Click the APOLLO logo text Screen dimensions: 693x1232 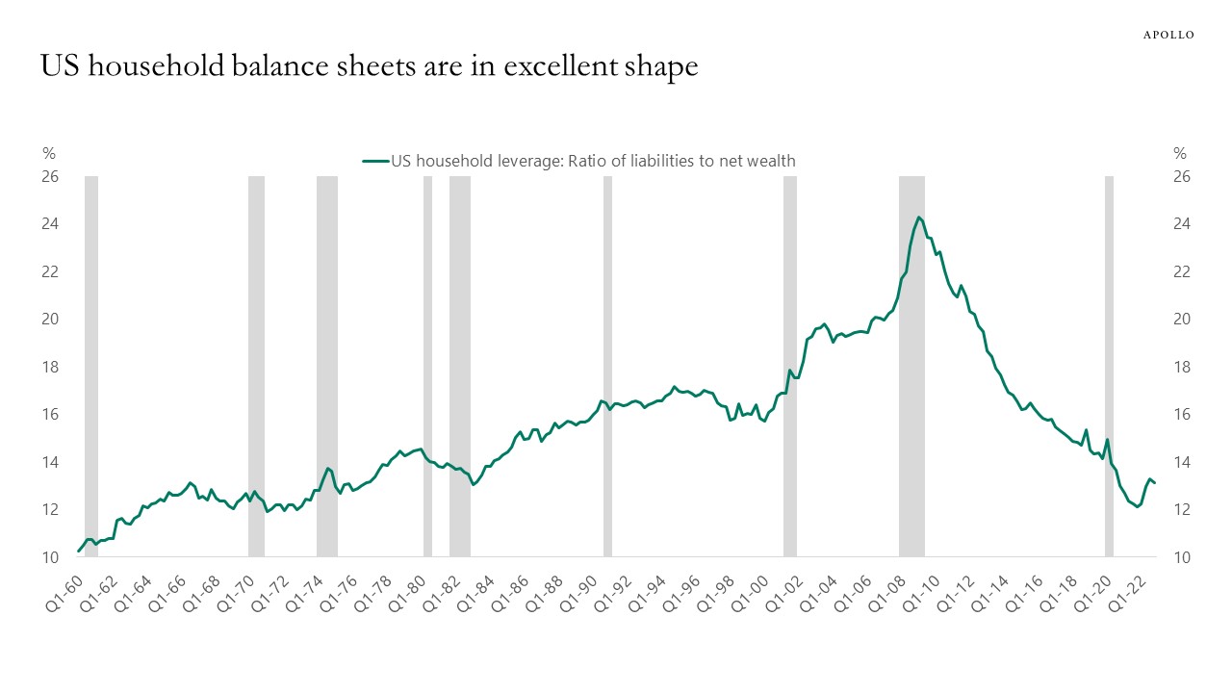(x=1168, y=35)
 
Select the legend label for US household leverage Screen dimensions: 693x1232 (x=593, y=161)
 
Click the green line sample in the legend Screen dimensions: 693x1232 (x=374, y=161)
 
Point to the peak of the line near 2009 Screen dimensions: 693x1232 (x=918, y=218)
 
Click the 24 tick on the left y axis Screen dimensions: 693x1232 (x=49, y=224)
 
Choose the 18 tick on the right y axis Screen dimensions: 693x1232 (x=1182, y=367)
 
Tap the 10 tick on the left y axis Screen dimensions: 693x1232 (x=49, y=557)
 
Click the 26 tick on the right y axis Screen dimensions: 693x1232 (x=1182, y=177)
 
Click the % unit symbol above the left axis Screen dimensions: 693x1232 (x=49, y=153)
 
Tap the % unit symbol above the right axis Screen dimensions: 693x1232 (x=1180, y=153)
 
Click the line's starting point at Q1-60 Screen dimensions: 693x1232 (x=78, y=552)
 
